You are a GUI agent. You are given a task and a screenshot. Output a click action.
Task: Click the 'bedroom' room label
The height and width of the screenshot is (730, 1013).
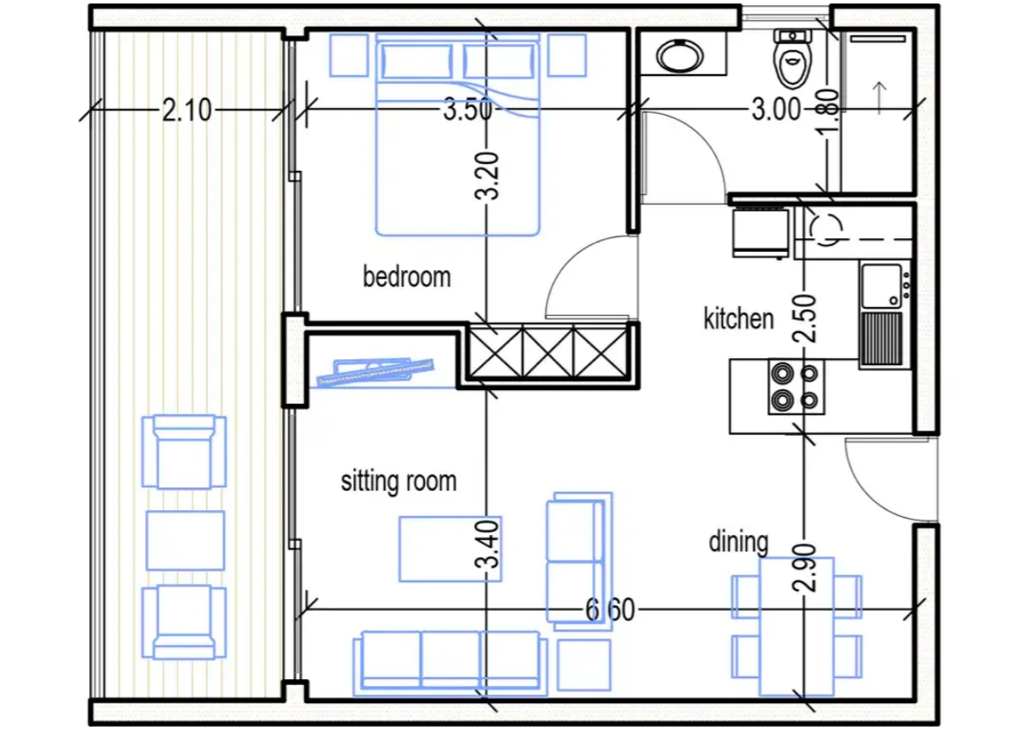point(407,277)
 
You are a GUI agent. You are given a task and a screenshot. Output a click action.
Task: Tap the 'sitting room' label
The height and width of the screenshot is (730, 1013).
point(399,481)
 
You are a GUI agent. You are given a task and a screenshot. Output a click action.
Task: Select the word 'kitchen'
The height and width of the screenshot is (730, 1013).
point(738,319)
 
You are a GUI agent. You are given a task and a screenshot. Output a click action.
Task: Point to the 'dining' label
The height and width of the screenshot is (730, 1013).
point(738,542)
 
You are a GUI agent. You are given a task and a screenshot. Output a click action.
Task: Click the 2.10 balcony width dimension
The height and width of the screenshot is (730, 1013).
point(187,110)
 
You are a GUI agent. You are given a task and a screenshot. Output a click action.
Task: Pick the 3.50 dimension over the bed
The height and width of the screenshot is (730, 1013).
point(467,110)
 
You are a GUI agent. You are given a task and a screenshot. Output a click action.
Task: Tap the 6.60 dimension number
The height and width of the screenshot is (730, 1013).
point(610,610)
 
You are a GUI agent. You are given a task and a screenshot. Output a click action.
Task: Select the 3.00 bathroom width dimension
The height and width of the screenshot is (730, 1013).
point(776,110)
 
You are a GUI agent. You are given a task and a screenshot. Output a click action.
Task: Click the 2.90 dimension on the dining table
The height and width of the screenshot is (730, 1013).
point(805,568)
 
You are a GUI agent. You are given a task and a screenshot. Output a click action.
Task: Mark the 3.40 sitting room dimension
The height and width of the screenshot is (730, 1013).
point(488,544)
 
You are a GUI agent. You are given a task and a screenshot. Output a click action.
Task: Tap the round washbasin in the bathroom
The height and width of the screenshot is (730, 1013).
point(681,55)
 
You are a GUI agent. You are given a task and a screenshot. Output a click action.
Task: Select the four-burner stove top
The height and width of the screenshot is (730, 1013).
point(796,387)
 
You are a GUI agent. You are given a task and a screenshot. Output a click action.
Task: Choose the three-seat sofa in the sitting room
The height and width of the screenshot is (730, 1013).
point(450,662)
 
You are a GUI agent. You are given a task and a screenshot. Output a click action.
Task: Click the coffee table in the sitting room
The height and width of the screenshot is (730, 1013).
point(450,549)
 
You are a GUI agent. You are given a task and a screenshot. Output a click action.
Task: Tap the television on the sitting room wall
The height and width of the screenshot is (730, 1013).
point(376,373)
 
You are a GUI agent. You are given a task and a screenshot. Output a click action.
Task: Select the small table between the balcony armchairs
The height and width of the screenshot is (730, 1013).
point(186,540)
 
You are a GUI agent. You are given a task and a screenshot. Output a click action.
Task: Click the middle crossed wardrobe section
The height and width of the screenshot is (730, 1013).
point(548,352)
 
